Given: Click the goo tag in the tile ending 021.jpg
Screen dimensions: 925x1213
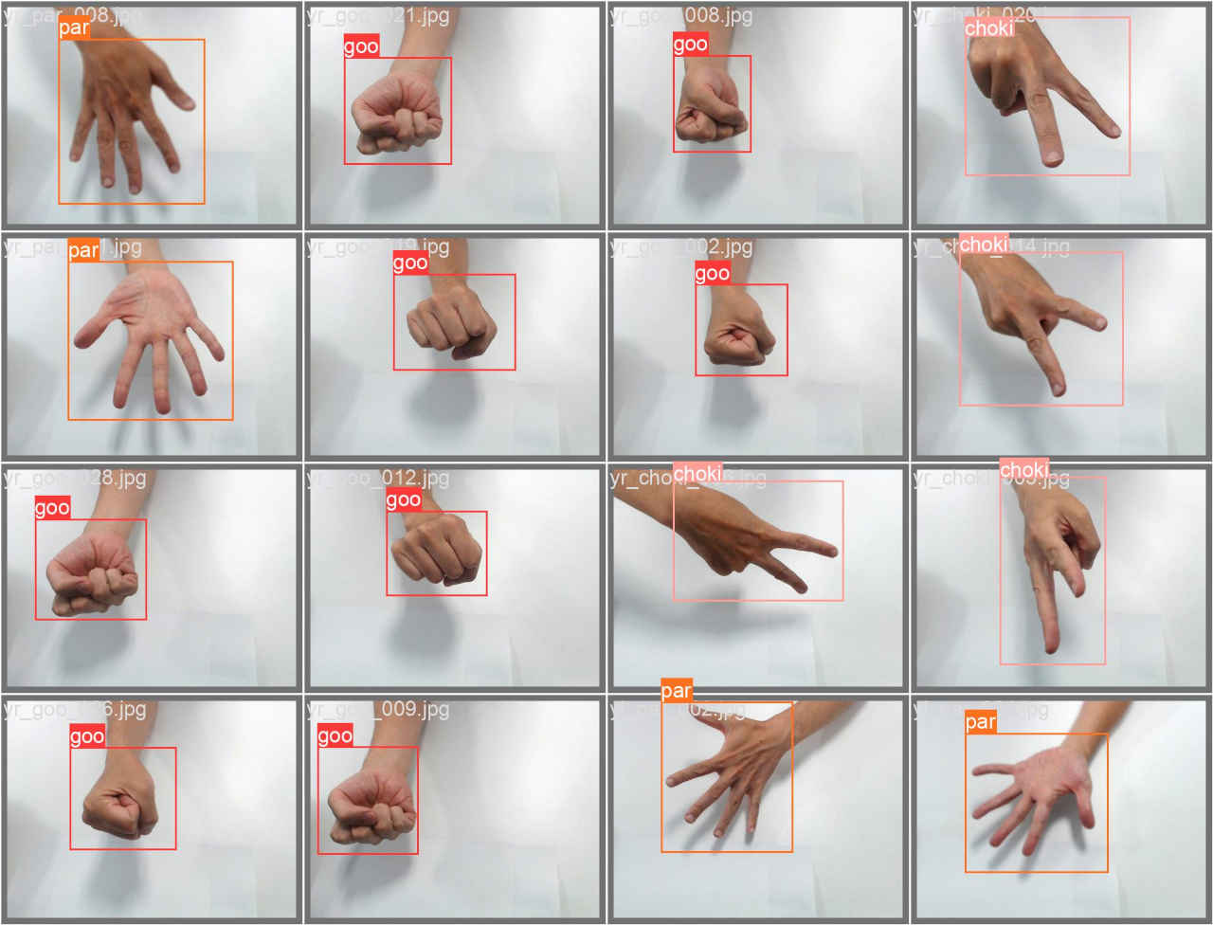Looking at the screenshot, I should [361, 46].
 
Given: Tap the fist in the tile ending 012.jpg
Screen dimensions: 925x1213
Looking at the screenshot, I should [437, 553].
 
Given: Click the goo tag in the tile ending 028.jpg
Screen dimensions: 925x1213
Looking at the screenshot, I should [52, 508].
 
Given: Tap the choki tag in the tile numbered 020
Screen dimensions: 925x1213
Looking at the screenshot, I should [988, 28].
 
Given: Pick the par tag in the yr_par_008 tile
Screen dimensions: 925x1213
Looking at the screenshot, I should [74, 28].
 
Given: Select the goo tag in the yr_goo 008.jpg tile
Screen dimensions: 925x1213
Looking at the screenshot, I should [690, 45].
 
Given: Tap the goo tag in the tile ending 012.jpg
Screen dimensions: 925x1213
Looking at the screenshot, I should [403, 500].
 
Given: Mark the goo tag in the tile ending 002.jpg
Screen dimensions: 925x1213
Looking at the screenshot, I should [712, 274].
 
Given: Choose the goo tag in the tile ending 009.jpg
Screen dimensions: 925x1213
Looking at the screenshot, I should [335, 736].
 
